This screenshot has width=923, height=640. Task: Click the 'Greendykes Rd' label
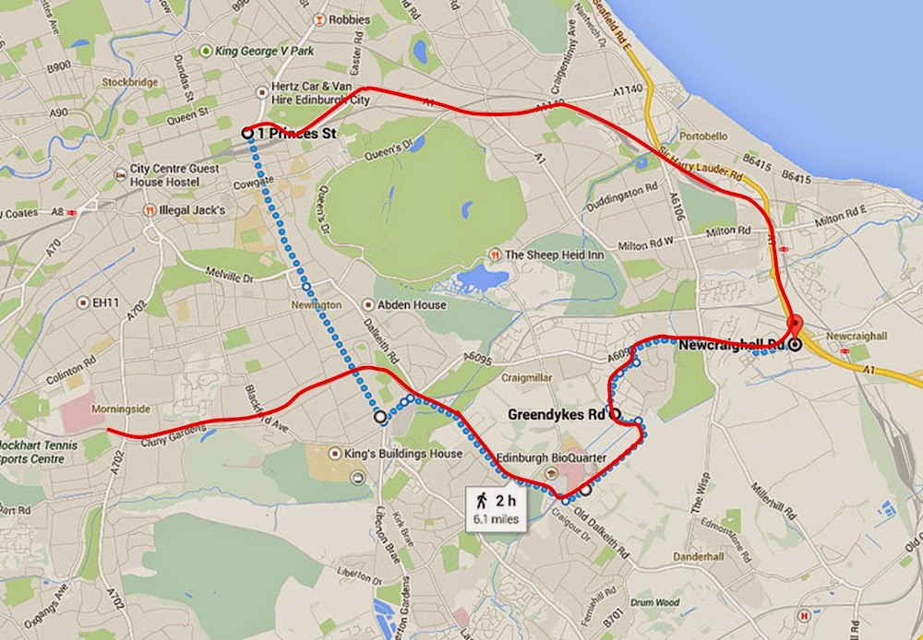click(557, 415)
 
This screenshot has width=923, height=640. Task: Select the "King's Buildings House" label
click(409, 454)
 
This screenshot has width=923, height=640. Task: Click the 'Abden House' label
click(410, 304)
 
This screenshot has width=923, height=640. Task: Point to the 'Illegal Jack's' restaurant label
click(191, 210)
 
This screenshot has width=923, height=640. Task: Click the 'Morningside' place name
click(121, 408)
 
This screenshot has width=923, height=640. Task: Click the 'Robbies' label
click(348, 19)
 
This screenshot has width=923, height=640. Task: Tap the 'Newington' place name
click(316, 304)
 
